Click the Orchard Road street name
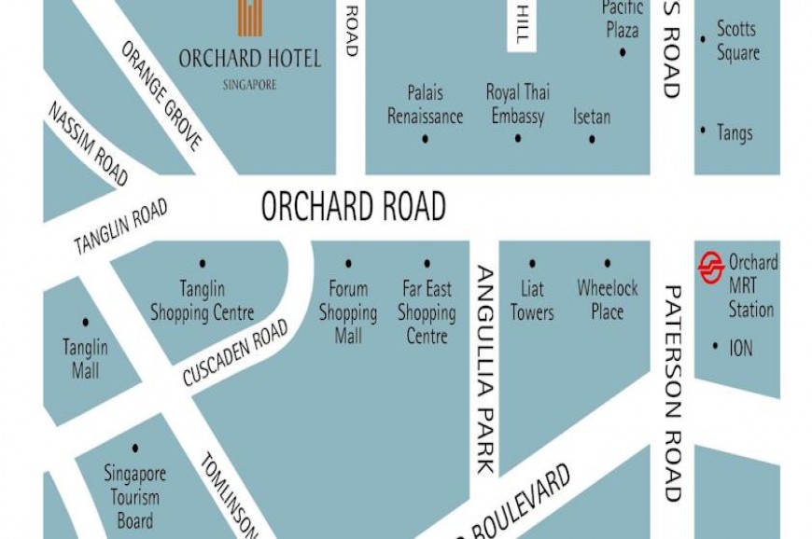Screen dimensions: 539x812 [353, 207]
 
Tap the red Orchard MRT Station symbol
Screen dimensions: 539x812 [711, 268]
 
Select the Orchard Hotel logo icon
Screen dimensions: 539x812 [249, 18]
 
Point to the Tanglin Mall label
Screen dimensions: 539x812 [85, 358]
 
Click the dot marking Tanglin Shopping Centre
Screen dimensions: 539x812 [203, 264]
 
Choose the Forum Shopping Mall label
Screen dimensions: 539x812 [348, 311]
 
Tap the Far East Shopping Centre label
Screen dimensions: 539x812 [427, 311]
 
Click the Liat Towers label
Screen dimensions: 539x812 [532, 300]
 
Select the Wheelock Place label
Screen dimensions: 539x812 [607, 300]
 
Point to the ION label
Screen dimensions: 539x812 [741, 348]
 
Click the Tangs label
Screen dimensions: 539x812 [735, 133]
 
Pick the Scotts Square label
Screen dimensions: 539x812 [737, 41]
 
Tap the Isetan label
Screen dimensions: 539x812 [592, 117]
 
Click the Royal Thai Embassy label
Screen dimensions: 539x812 [517, 104]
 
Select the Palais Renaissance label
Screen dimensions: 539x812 [425, 104]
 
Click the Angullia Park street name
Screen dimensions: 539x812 [486, 369]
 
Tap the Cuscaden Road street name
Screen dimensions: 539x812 [234, 353]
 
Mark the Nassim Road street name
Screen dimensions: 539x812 [88, 144]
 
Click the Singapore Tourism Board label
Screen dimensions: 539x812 [135, 497]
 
